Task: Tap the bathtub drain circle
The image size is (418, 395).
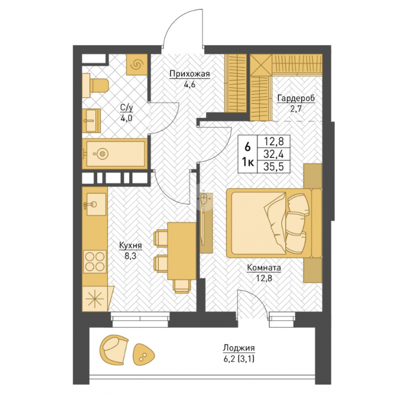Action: [102, 154]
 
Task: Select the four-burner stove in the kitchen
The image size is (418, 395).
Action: [95, 261]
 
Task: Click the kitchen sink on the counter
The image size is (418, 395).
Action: [95, 204]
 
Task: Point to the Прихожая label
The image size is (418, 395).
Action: [190, 74]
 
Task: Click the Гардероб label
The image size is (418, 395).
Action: [296, 98]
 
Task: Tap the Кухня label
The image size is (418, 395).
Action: [130, 245]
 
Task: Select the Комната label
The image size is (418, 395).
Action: [264, 268]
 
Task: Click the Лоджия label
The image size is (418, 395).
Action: [239, 348]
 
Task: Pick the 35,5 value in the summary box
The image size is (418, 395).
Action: [273, 167]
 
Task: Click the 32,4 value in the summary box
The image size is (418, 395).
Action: [273, 154]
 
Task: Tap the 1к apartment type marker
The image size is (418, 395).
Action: [248, 162]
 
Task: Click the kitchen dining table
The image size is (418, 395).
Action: [181, 251]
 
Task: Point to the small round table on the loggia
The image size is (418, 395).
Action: [143, 354]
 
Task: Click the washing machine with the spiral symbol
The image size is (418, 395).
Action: [137, 64]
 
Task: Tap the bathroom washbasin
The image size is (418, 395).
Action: [91, 121]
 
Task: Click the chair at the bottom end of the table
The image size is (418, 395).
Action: [182, 286]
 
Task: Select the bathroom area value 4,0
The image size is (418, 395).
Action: [126, 118]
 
